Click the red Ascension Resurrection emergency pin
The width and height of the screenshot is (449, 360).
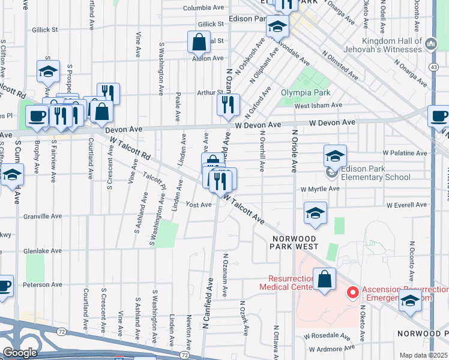click(353, 293)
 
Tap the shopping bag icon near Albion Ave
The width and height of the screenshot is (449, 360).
click(199, 43)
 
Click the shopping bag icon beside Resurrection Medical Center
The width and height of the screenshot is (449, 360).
click(324, 280)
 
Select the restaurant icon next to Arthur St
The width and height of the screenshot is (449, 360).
click(228, 105)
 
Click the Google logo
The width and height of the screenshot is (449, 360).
click(19, 352)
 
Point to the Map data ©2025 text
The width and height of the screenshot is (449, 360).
click(423, 355)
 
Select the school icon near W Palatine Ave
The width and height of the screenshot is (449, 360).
click(335, 156)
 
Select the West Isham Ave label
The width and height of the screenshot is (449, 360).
click(318, 105)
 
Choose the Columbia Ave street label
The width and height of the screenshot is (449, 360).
click(203, 8)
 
